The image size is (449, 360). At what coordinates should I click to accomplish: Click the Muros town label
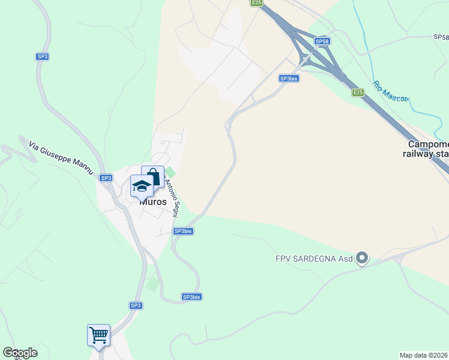153,202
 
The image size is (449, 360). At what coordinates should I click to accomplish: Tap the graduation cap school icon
142,187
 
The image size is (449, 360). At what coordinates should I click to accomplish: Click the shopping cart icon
98,334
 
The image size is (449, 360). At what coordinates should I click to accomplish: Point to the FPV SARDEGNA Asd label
314,259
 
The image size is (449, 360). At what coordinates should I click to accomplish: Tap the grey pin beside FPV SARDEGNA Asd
361,259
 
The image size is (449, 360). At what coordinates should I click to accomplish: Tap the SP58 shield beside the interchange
322,41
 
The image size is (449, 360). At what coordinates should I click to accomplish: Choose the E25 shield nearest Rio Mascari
358,92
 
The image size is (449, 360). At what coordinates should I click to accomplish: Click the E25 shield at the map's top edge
256,3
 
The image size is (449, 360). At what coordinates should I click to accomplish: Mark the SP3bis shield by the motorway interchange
289,79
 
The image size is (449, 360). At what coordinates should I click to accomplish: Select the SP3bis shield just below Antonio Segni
183,231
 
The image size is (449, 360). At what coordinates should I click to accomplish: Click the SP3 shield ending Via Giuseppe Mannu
106,178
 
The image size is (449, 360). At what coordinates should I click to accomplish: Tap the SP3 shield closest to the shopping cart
136,305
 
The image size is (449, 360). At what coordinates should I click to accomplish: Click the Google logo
20,353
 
